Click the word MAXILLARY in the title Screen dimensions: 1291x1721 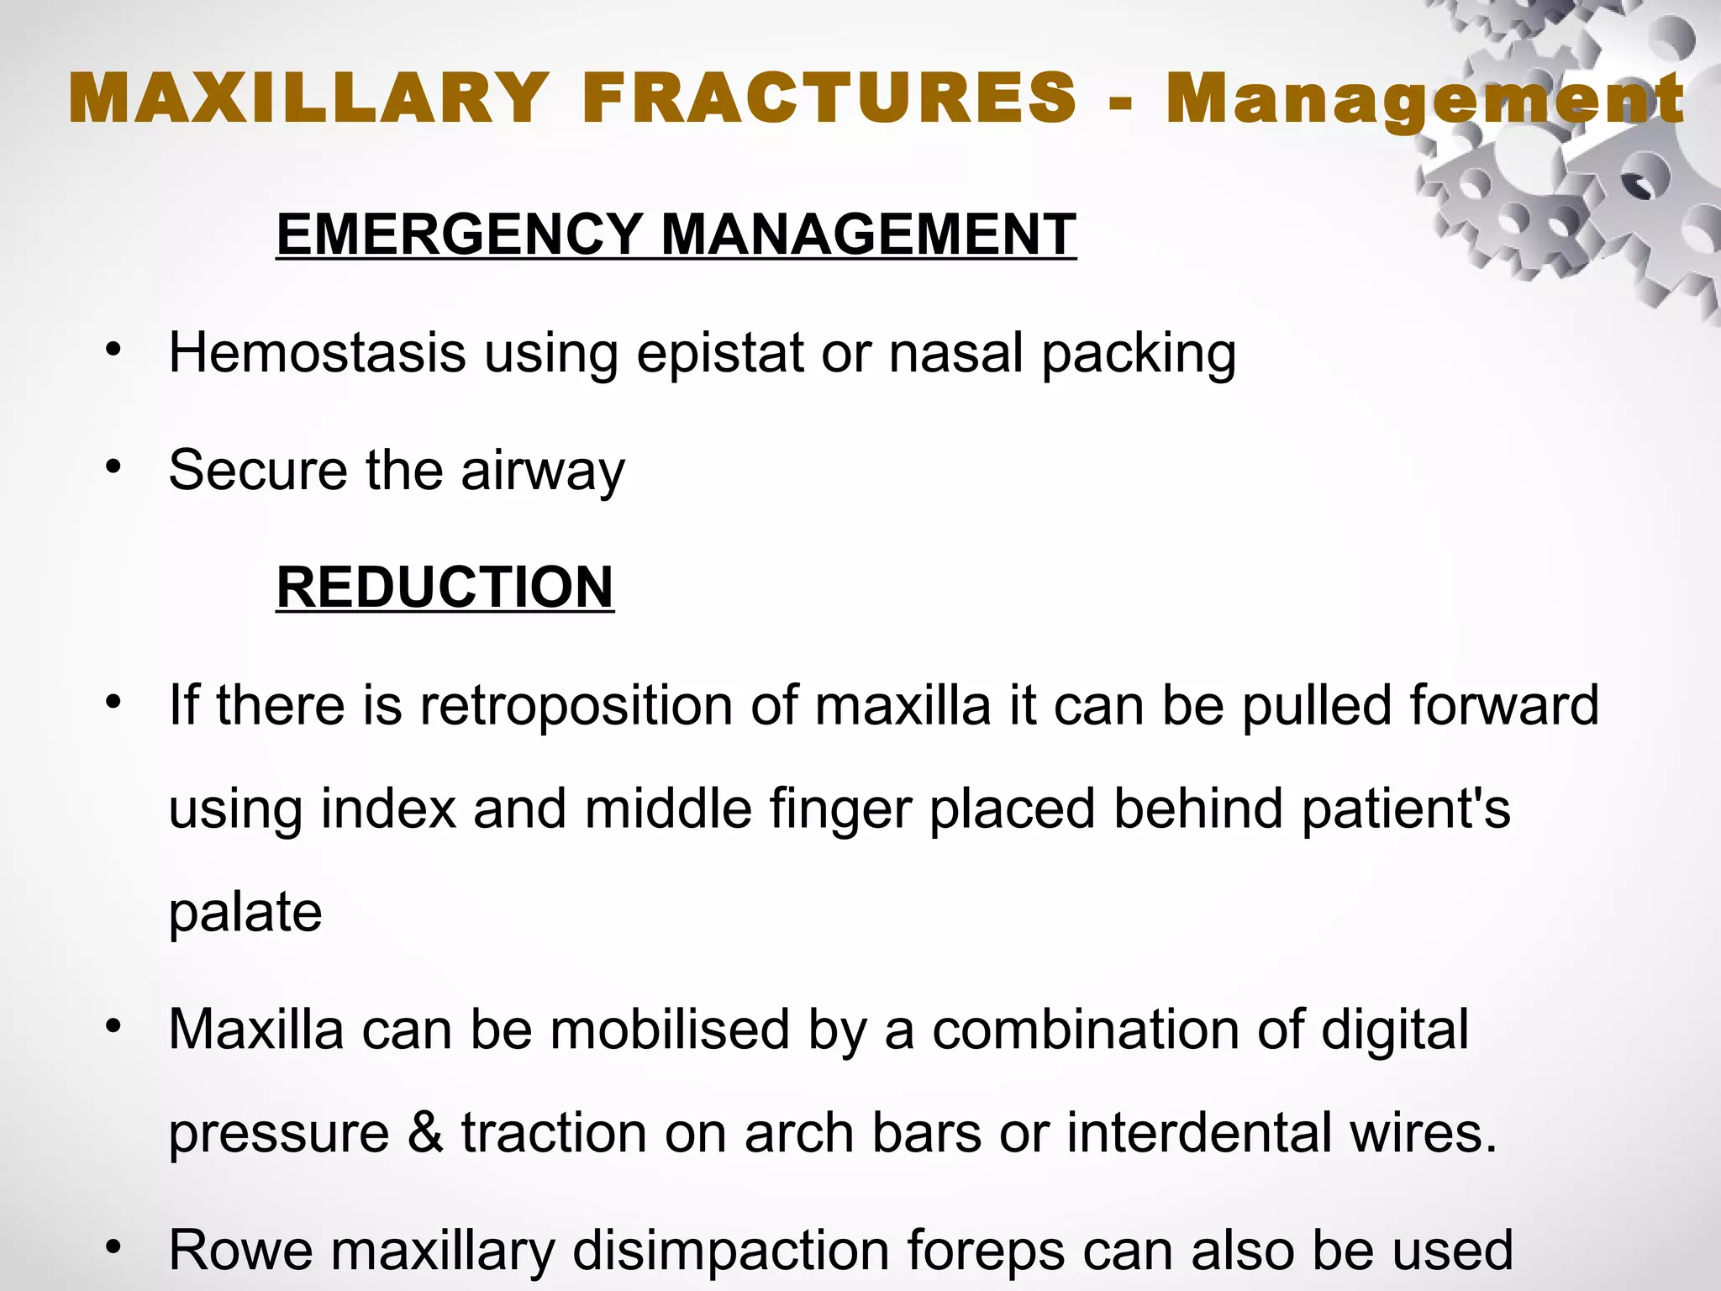pos(308,99)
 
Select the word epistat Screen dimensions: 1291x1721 pos(720,353)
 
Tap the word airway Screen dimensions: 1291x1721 pos(543,471)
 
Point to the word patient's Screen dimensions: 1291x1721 pos(1405,809)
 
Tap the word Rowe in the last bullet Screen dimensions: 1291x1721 pos(241,1250)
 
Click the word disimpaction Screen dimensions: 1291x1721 pos(730,1250)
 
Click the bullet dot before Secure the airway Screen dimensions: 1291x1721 pos(114,467)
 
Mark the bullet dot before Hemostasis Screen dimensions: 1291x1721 pos(114,350)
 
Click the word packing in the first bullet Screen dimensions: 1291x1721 pos(1139,354)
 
